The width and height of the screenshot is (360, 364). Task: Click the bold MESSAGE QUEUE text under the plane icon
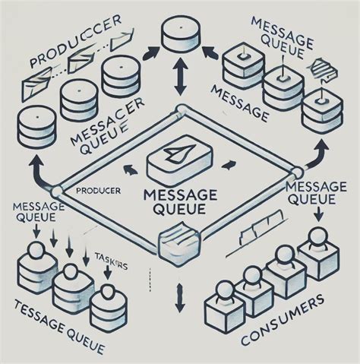click(x=180, y=200)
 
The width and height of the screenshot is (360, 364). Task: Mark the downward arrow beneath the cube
click(x=180, y=298)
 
